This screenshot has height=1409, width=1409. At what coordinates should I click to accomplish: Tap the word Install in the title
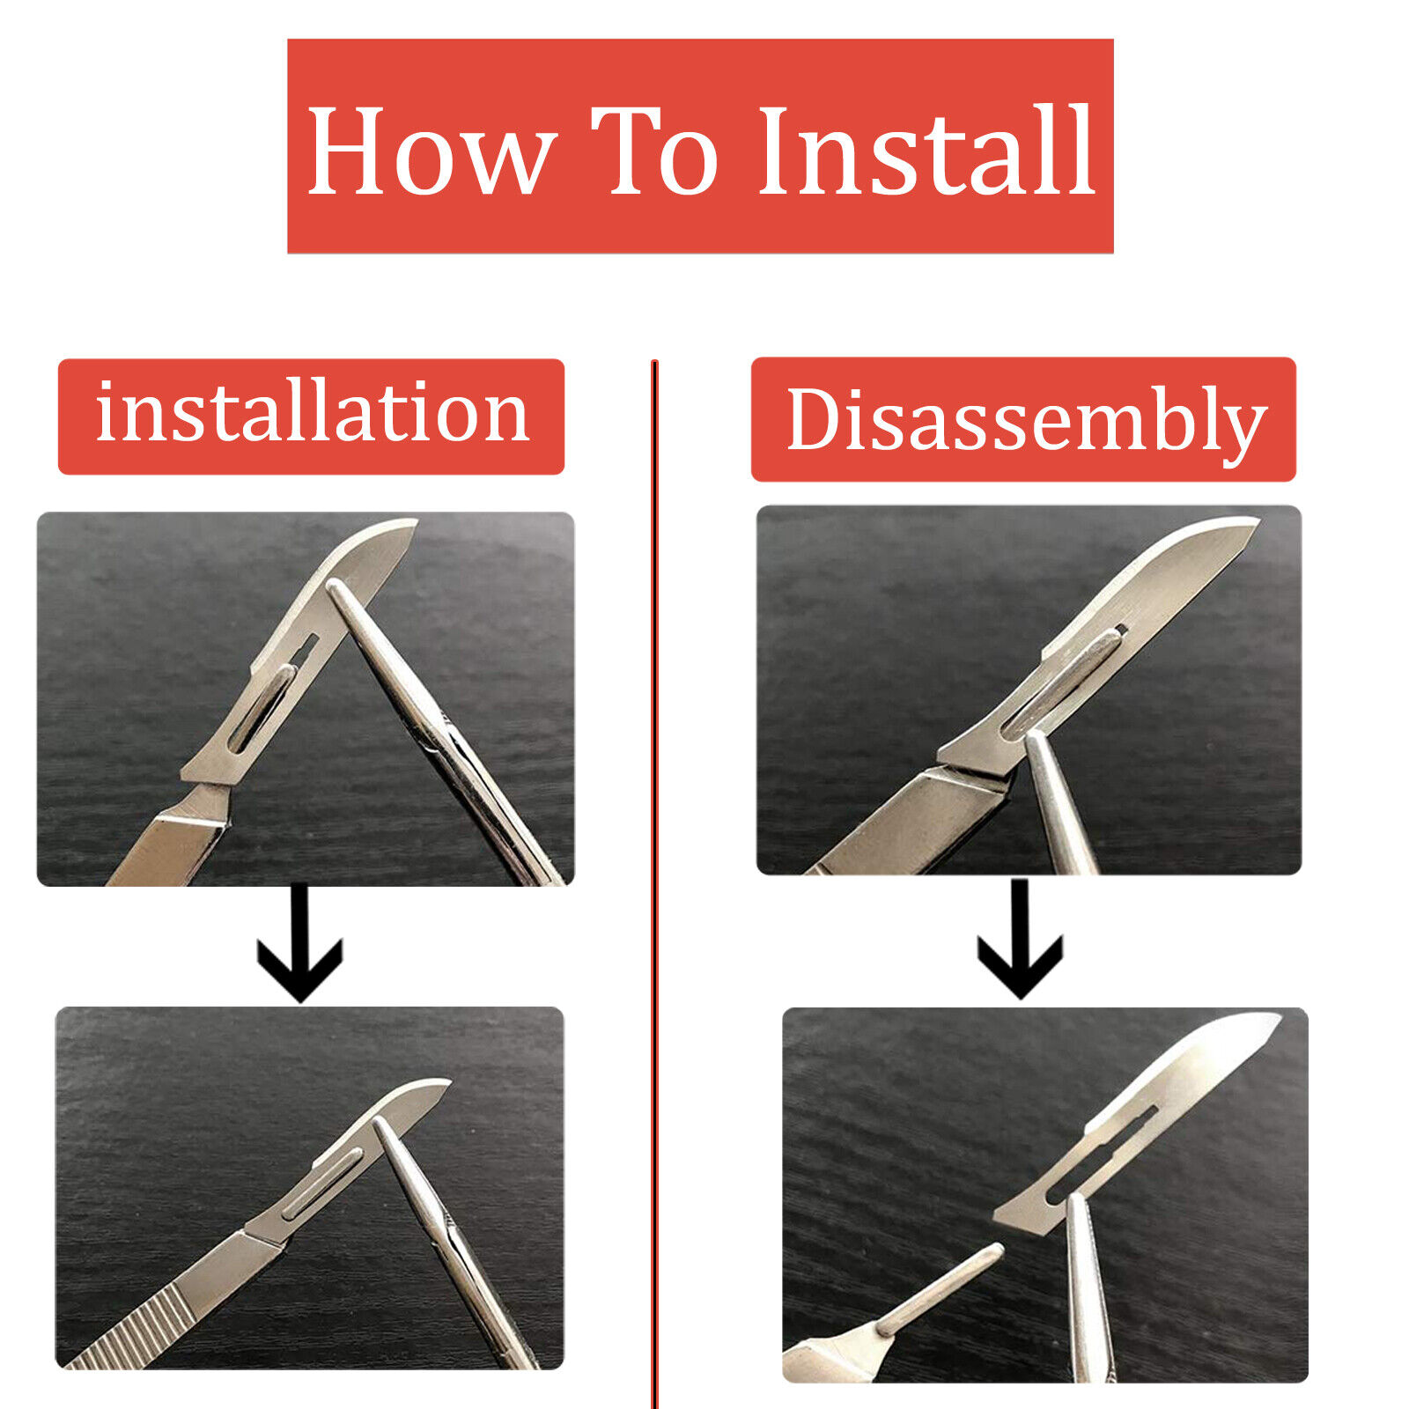(926, 150)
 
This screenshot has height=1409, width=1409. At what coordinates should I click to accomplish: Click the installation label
(311, 416)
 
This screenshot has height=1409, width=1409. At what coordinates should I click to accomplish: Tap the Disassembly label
(1023, 419)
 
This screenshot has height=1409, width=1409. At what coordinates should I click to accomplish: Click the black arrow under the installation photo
(299, 942)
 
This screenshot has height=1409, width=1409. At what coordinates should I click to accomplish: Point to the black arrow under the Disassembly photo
(1020, 939)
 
